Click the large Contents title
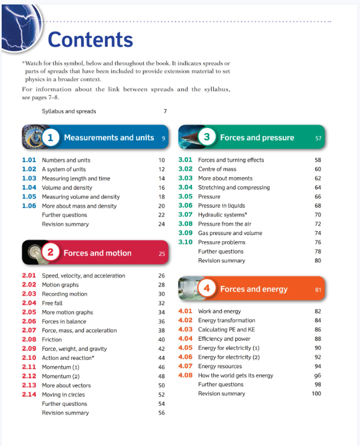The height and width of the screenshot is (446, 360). (91, 39)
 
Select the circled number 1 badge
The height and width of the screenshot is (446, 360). (50, 137)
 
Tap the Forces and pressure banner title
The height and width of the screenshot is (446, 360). (257, 137)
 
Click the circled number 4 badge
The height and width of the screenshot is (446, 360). (207, 289)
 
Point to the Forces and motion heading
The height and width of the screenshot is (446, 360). (97, 253)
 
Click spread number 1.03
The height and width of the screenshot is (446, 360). (29, 179)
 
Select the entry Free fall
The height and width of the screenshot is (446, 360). (52, 303)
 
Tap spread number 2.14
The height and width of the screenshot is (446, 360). (29, 395)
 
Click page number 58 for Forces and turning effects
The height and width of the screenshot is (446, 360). (318, 160)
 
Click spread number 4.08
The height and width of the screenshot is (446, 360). (185, 375)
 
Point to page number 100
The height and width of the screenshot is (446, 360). (316, 394)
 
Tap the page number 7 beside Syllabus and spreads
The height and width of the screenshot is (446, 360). (165, 111)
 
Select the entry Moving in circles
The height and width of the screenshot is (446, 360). (63, 395)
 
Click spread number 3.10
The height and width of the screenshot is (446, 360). (185, 242)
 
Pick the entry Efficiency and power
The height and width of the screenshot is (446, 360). (224, 339)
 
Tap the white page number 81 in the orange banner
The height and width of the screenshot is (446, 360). (318, 290)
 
